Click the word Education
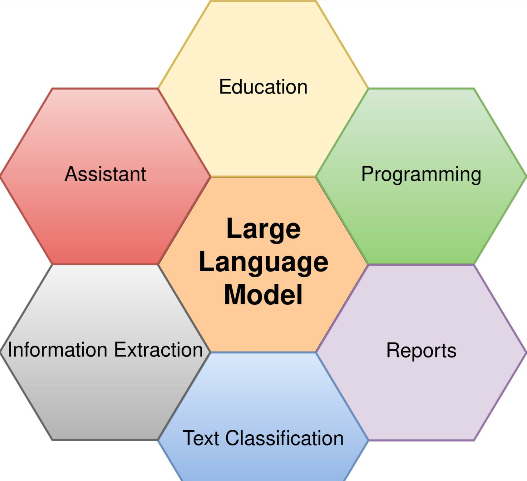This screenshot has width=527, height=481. (263, 87)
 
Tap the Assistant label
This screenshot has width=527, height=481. (105, 174)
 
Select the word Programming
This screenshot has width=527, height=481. (421, 174)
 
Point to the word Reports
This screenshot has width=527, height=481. (422, 351)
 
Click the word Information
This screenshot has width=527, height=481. (58, 349)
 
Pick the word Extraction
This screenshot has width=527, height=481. (159, 349)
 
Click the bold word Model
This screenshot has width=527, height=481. (263, 295)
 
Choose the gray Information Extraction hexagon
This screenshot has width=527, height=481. (105, 394)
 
